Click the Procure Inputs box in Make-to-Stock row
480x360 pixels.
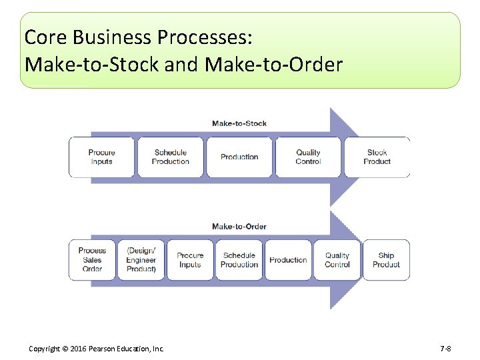(x=101, y=157)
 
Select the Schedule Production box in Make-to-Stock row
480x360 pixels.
(x=170, y=157)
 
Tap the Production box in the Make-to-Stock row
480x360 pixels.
(x=239, y=157)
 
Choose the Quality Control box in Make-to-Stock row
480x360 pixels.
(x=308, y=157)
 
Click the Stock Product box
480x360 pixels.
(x=377, y=157)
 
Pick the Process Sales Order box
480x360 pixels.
(x=92, y=260)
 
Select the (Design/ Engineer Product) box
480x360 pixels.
(x=141, y=260)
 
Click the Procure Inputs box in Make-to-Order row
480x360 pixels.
(x=190, y=260)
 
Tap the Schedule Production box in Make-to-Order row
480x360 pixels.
(x=239, y=260)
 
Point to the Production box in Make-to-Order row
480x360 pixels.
(x=288, y=260)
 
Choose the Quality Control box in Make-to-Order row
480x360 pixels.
(x=337, y=260)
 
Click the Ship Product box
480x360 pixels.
(x=386, y=260)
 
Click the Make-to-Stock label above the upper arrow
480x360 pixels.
(x=239, y=123)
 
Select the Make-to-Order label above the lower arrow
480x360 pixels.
(x=239, y=227)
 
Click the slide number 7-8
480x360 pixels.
(x=446, y=349)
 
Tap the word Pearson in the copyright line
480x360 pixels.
(x=101, y=349)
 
